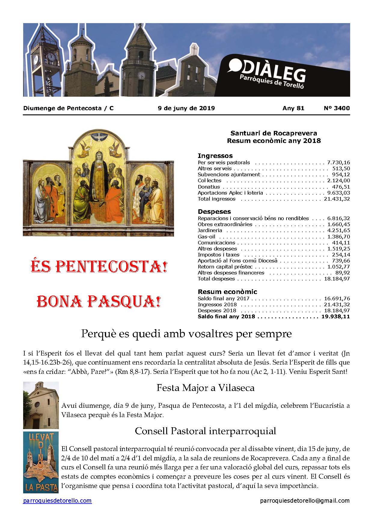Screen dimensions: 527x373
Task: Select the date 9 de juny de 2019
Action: point(186,108)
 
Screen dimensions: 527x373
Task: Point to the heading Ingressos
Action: point(215,156)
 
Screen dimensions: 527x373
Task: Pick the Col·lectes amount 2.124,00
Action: point(338,180)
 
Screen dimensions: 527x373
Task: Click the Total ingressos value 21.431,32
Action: point(337,199)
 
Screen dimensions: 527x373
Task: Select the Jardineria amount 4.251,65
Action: point(338,230)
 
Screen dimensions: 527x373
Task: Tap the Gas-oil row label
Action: point(206,237)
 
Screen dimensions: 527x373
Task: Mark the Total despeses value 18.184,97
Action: point(337,279)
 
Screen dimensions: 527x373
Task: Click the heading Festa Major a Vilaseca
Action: point(205,388)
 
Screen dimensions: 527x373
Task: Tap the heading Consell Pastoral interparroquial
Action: point(205,431)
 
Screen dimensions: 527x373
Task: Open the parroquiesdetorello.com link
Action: point(57,501)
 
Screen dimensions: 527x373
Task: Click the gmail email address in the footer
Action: point(305,501)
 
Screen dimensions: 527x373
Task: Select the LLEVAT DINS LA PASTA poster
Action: point(41,462)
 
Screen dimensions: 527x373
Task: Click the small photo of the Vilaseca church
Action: point(41,405)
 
